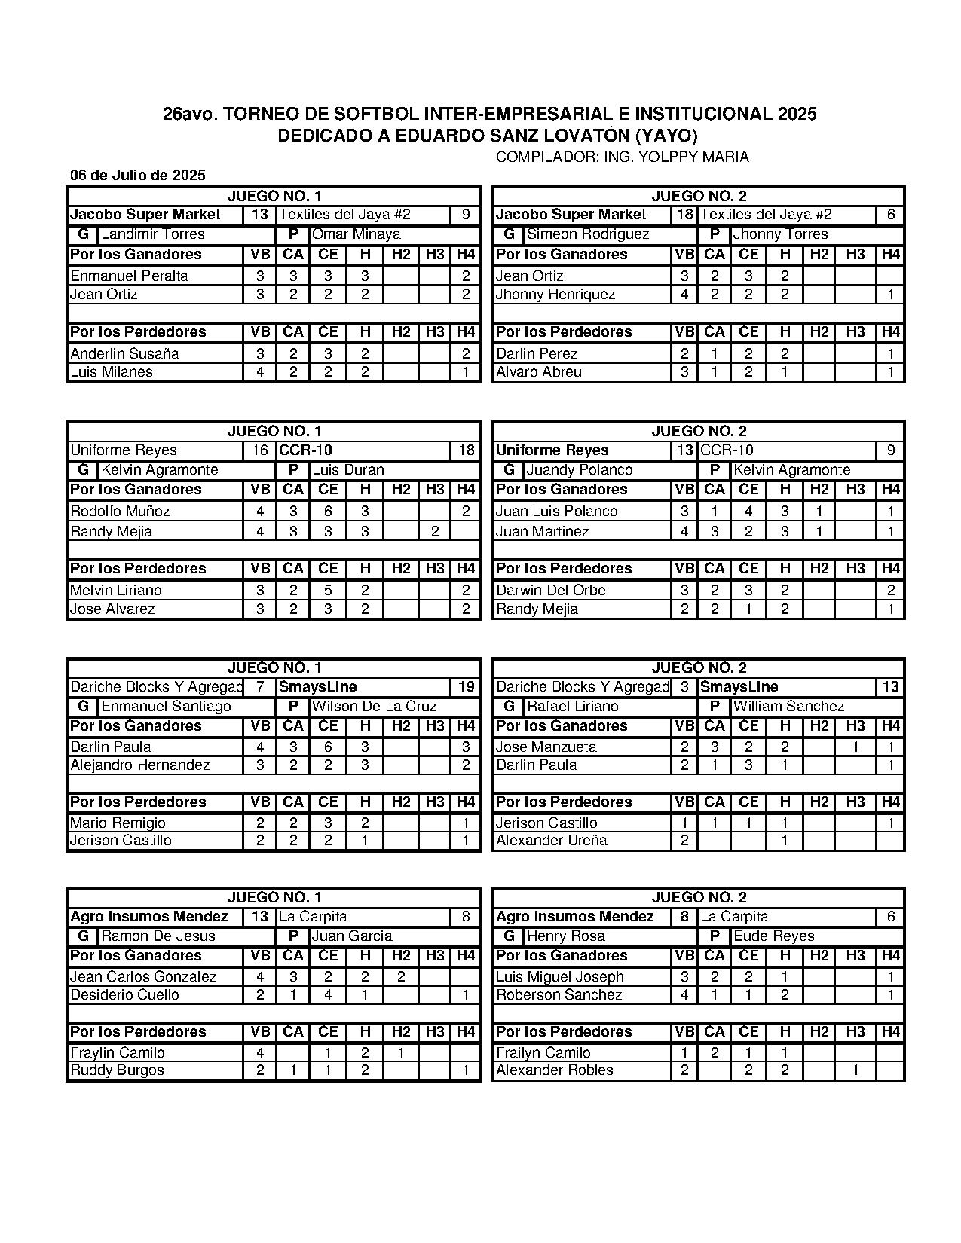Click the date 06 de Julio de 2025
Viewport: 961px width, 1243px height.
tap(138, 176)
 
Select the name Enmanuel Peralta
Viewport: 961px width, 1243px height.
tap(129, 276)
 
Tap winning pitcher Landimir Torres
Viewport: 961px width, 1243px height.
tap(153, 234)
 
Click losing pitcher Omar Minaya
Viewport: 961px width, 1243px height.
tap(357, 234)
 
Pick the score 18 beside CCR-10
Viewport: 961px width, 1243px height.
tap(467, 450)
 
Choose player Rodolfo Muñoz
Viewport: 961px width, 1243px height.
tap(120, 512)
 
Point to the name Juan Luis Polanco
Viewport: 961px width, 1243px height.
tap(557, 512)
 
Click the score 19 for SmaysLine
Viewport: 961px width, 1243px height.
tap(467, 687)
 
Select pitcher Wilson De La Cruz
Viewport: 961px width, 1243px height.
tap(375, 707)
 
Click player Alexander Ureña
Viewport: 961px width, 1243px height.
tap(552, 841)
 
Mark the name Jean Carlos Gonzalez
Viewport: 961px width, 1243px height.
tap(143, 977)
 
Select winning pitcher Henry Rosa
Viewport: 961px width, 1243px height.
tap(562, 936)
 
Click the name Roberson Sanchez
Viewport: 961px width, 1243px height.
tap(559, 995)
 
